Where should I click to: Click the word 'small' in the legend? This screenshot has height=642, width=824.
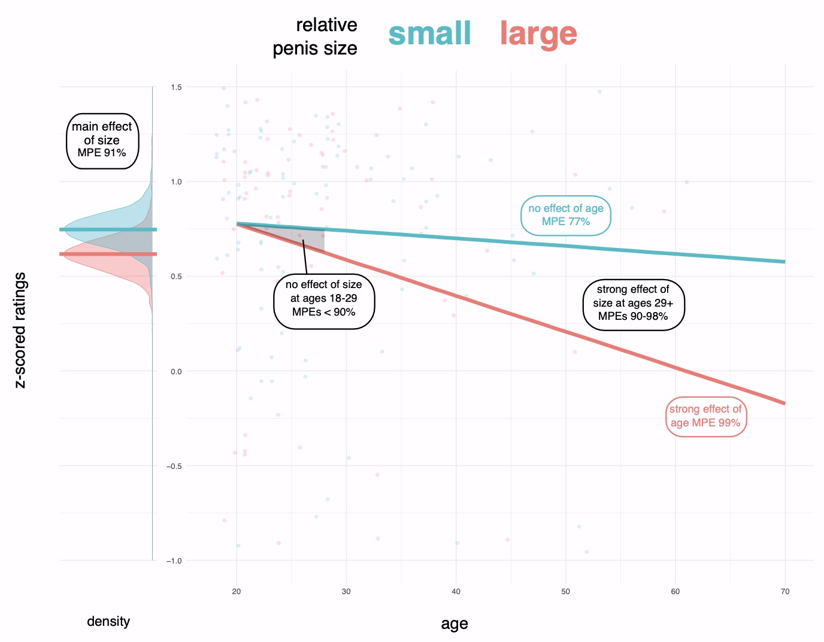(429, 34)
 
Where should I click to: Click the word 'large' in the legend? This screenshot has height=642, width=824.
(538, 34)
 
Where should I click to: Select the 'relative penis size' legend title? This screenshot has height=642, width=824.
(315, 37)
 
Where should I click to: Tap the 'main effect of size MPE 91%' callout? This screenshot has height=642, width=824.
(102, 141)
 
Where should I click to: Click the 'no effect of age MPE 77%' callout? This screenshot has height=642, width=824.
(565, 215)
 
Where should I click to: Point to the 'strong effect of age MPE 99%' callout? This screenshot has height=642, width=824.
(705, 416)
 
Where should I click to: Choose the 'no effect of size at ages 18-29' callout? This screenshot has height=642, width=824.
(323, 298)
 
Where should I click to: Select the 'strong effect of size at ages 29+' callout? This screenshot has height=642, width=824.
(633, 303)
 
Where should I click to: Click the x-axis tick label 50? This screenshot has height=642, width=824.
(565, 592)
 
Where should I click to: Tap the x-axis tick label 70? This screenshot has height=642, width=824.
(784, 592)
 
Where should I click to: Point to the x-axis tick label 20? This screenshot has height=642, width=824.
(237, 592)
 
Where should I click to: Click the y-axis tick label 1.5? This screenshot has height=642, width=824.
(176, 87)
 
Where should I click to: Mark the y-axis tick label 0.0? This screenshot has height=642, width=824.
(176, 371)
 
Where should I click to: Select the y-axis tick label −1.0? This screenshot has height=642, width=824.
(174, 561)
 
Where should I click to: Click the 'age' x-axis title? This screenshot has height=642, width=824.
(454, 624)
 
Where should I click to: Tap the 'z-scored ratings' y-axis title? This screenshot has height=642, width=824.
(20, 330)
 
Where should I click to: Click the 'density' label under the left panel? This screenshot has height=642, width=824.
(108, 622)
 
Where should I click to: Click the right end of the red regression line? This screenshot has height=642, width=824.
(783, 403)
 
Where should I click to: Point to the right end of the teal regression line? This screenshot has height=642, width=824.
(783, 262)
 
